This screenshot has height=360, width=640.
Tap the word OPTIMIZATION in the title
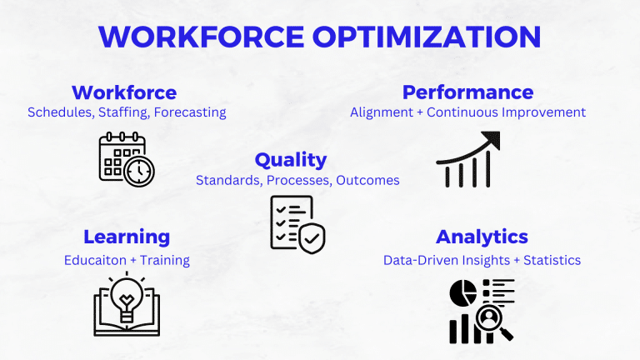[423, 37]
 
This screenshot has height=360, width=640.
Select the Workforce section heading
[124, 92]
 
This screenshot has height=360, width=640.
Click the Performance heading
[467, 92]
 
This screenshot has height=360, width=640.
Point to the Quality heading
[291, 159]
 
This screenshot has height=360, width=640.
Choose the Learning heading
[127, 237]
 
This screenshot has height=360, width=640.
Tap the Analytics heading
[482, 237]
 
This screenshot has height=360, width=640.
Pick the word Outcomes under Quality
[367, 180]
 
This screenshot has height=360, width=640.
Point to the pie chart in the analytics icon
[463, 292]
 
